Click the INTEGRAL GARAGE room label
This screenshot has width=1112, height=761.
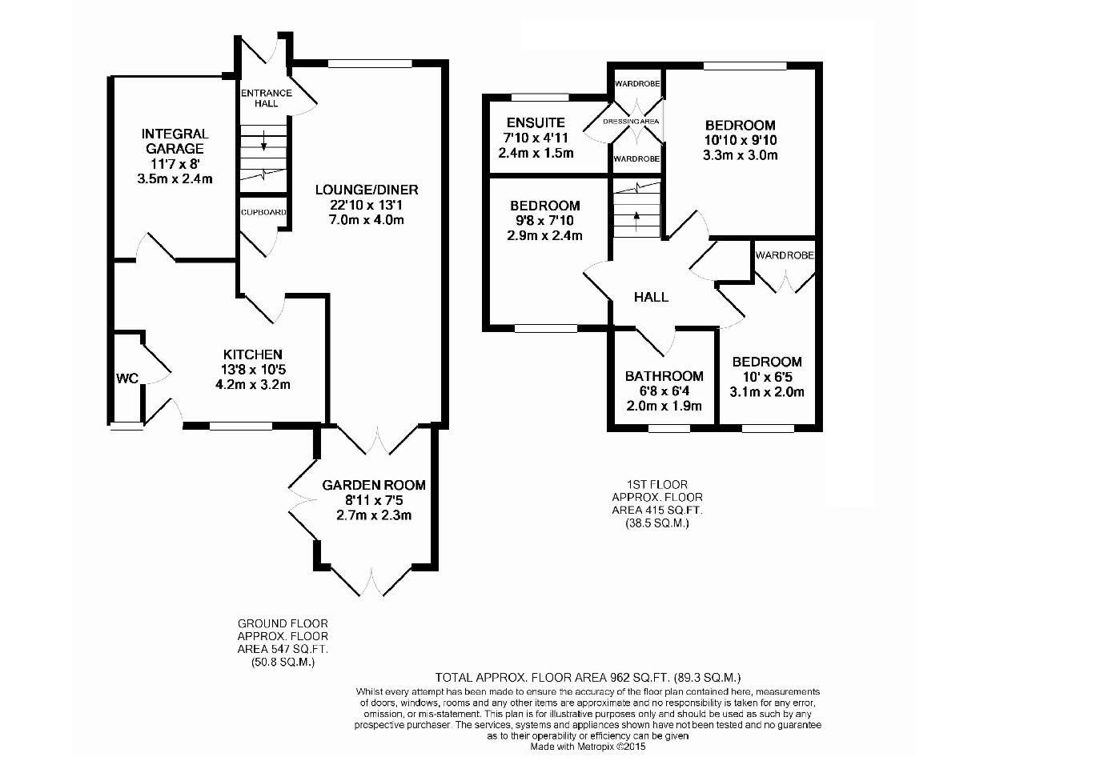click(175, 141)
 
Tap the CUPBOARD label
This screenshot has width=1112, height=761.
click(263, 212)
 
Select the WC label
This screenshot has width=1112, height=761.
click(127, 378)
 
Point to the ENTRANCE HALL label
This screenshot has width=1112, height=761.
click(266, 98)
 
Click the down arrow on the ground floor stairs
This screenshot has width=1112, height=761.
click(263, 140)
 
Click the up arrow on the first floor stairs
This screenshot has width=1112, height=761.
click(636, 221)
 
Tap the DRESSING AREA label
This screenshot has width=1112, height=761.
click(631, 121)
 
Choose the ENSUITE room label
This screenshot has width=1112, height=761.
click(536, 122)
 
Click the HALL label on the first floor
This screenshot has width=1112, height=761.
click(651, 297)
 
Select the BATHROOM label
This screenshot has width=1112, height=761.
click(664, 376)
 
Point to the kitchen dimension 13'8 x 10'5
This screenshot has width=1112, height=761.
click(253, 370)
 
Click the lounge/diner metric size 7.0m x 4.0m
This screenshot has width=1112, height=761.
click(367, 219)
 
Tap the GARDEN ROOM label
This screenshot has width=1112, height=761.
click(374, 485)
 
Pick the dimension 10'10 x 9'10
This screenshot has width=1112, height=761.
click(741, 140)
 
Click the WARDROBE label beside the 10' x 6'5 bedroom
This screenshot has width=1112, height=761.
click(785, 255)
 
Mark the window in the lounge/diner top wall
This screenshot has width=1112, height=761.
click(370, 63)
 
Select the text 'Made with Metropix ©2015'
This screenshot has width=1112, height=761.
click(588, 746)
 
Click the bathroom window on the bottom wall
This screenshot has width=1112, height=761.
click(669, 428)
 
